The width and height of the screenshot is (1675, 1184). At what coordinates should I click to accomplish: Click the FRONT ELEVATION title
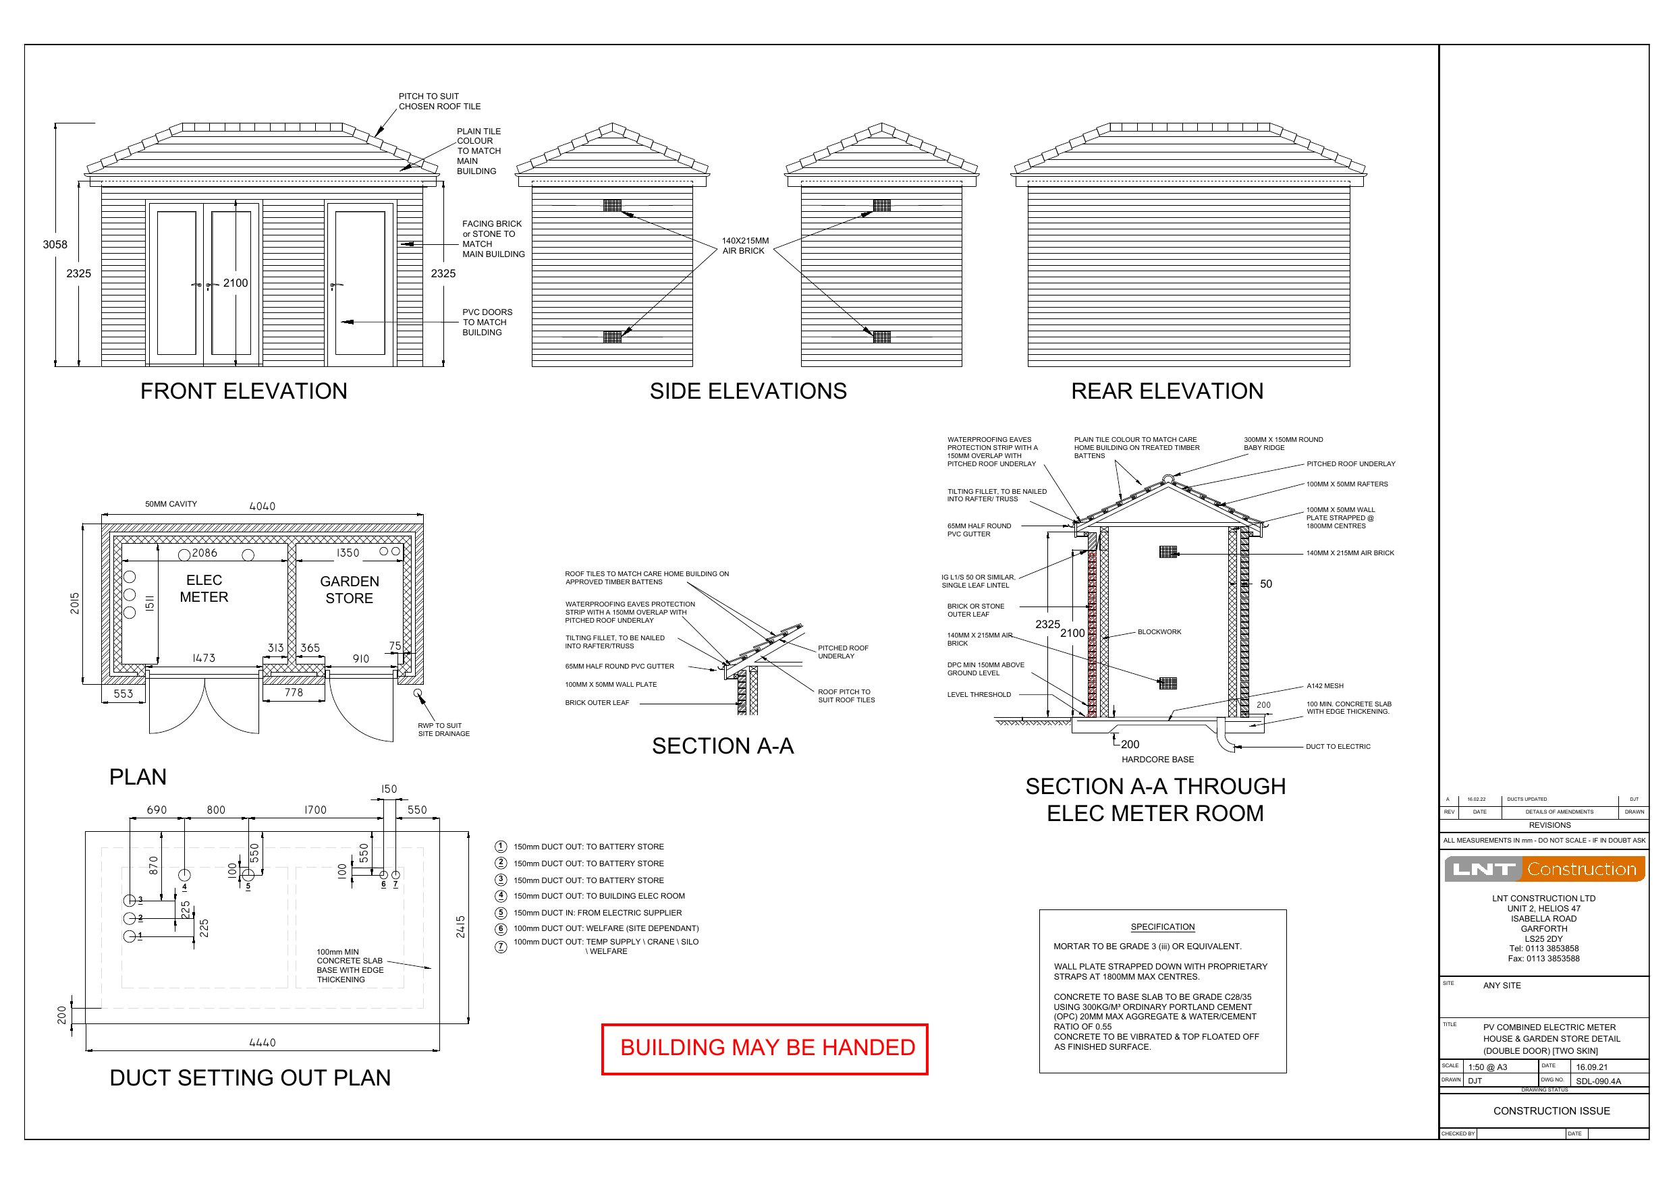(x=244, y=391)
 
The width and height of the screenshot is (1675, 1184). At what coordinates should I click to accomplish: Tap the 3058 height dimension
(x=55, y=244)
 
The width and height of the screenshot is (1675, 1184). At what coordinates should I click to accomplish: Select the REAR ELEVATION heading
(x=1167, y=391)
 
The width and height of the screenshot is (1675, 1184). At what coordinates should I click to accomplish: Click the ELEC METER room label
(x=204, y=589)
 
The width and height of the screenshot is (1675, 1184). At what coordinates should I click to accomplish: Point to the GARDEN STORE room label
(x=350, y=590)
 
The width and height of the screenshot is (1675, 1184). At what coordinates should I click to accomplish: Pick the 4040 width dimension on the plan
(x=262, y=506)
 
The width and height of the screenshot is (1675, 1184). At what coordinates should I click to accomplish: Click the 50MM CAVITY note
(x=171, y=504)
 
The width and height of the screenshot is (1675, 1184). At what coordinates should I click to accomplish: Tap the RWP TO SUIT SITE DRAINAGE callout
(x=443, y=729)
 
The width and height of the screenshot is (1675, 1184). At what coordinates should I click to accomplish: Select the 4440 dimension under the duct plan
(x=262, y=1043)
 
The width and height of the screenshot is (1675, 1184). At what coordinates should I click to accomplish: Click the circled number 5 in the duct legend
(x=501, y=913)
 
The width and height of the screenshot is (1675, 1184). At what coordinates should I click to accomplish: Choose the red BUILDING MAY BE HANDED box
(x=765, y=1048)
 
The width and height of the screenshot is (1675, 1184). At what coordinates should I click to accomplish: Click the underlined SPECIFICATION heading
(x=1162, y=927)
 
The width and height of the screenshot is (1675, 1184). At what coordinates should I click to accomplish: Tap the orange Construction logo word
(x=1582, y=869)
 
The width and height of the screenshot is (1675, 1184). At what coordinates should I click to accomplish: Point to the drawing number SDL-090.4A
(x=1597, y=1081)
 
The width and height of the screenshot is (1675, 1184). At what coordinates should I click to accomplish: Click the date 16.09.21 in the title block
(x=1592, y=1067)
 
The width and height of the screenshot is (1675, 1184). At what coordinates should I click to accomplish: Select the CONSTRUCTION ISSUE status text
(x=1551, y=1111)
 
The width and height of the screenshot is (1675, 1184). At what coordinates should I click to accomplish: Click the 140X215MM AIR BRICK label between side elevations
(x=745, y=246)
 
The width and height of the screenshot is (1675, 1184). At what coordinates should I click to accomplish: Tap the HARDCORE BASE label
(x=1158, y=760)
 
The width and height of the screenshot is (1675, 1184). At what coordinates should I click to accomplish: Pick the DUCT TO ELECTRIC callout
(x=1338, y=746)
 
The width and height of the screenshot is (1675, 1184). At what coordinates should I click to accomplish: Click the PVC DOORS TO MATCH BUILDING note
(x=487, y=322)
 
